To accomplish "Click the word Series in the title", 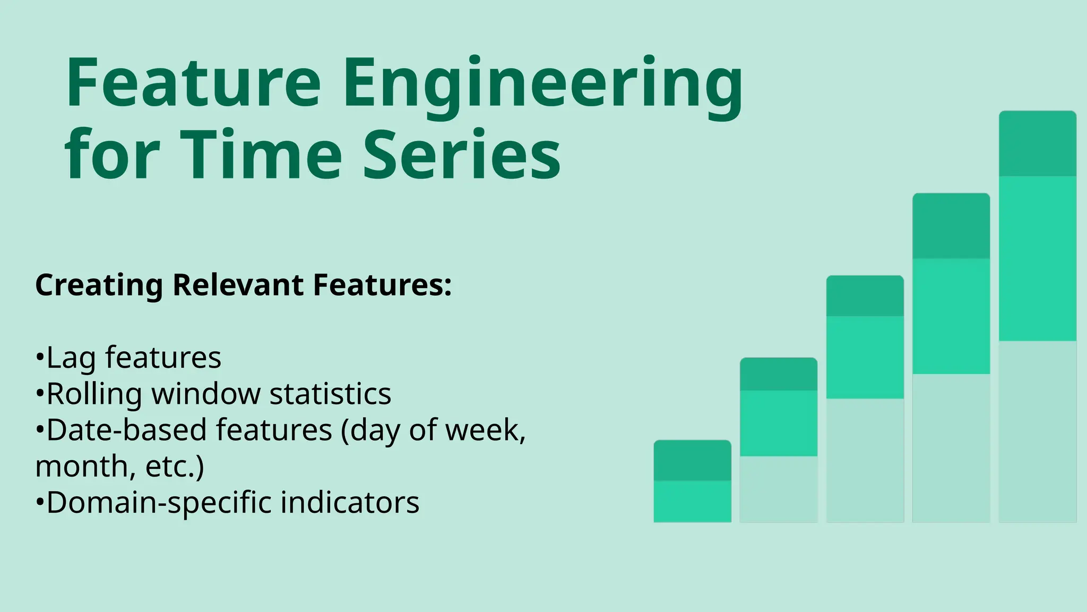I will point(462,156).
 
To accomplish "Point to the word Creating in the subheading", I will point(99,285).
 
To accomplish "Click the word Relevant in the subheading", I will point(238,285).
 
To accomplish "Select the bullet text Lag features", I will point(133,358).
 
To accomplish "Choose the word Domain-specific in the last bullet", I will point(159,503).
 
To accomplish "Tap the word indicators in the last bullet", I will point(350,503).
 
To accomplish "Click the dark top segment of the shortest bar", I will point(692,461).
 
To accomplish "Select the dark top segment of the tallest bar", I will point(1037,143).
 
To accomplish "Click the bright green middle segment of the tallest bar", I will point(1037,258).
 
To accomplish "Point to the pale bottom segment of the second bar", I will point(779,489).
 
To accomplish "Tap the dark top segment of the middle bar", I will point(865,296).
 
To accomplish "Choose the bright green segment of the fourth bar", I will point(951,316).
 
